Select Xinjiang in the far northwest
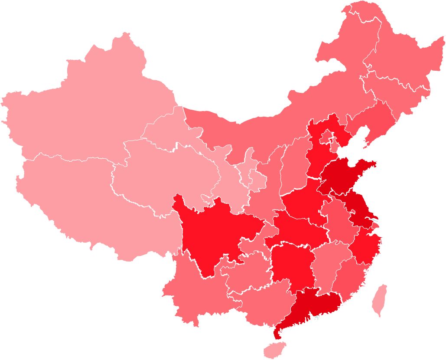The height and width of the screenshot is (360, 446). [87, 108]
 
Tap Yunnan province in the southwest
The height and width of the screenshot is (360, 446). [195, 291]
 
